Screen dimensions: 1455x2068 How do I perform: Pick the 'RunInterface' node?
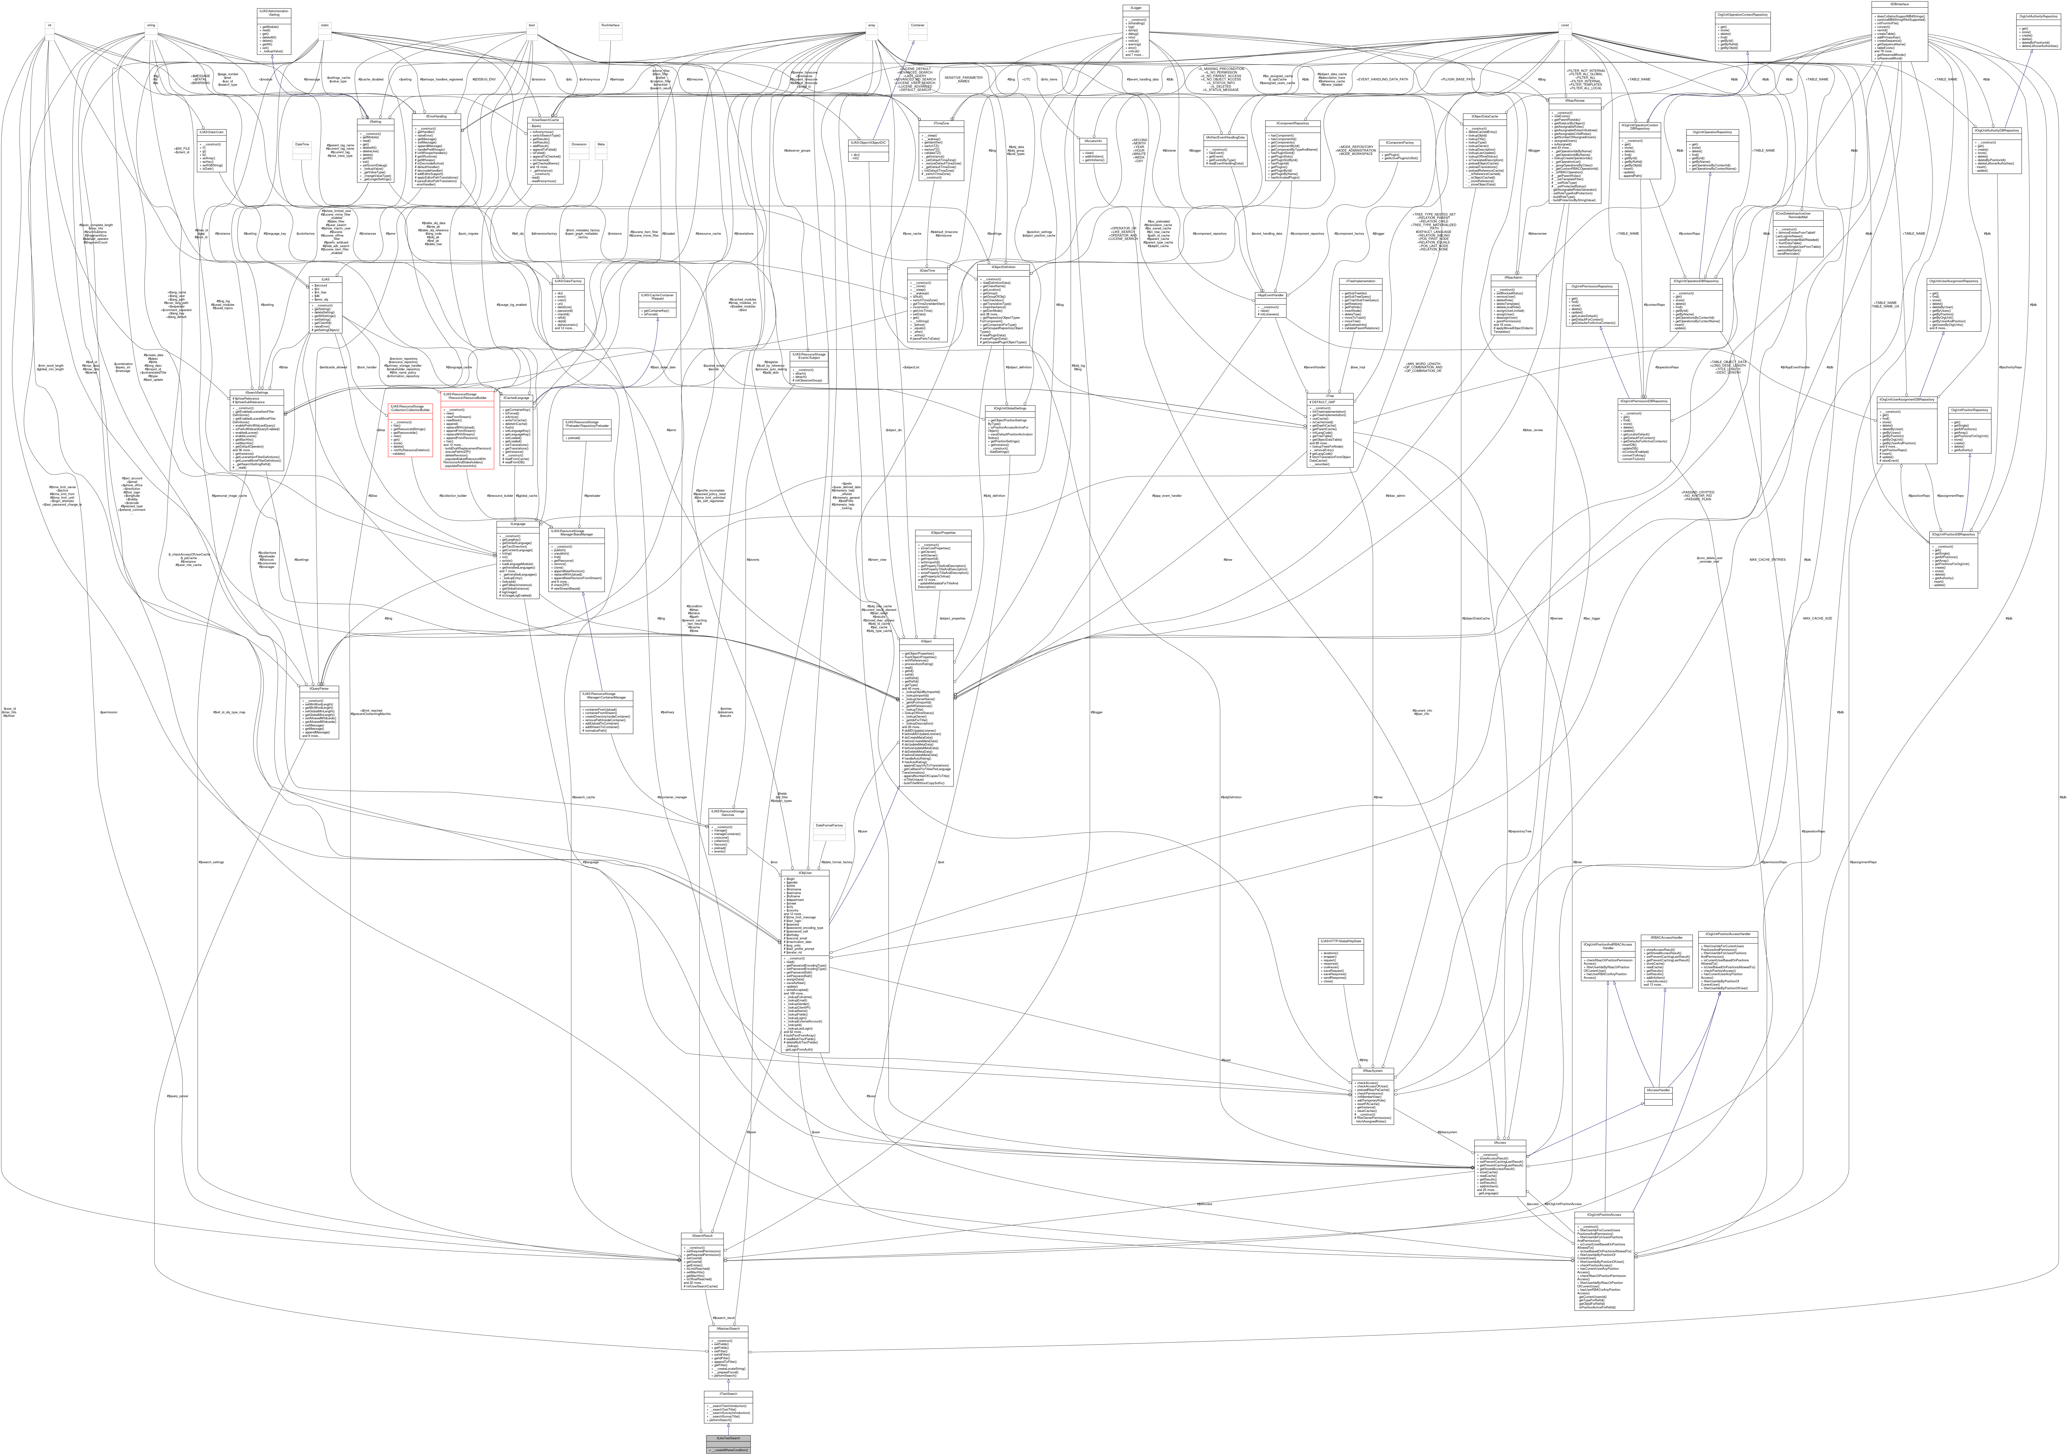click(610, 25)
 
